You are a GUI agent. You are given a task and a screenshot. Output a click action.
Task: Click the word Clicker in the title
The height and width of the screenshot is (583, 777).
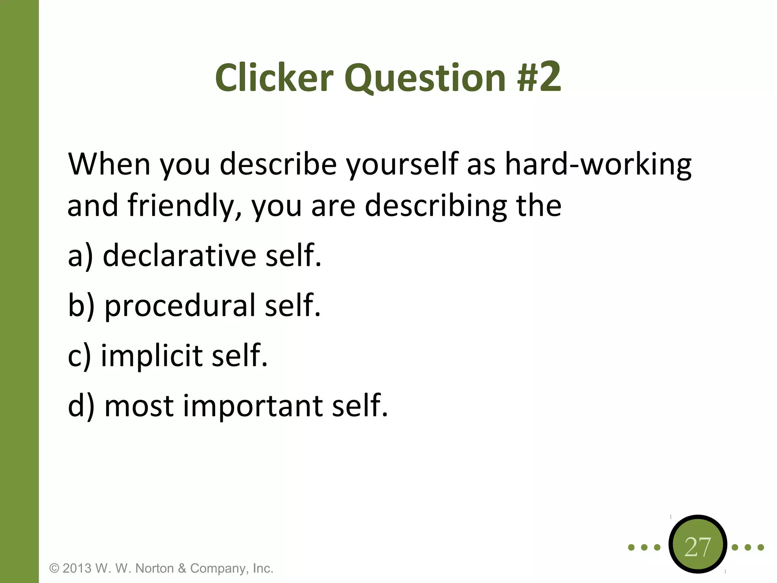(274, 78)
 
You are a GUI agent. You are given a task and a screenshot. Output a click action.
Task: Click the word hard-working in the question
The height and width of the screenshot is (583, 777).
(598, 165)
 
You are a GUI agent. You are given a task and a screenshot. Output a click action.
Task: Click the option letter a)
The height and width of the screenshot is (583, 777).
(80, 256)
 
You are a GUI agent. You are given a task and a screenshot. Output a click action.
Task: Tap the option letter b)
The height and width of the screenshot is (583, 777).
(81, 306)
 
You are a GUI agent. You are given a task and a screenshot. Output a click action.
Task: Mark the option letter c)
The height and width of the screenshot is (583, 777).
(79, 356)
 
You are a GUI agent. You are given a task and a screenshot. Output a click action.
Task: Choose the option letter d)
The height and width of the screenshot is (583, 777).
(81, 406)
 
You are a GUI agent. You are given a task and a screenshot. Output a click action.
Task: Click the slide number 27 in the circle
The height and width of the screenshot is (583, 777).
(697, 547)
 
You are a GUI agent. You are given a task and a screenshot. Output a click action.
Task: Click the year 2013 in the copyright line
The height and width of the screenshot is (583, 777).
(77, 569)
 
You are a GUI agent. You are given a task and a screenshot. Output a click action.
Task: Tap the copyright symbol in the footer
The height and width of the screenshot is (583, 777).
(54, 569)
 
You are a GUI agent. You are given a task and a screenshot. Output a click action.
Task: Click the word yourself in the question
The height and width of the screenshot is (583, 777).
(403, 165)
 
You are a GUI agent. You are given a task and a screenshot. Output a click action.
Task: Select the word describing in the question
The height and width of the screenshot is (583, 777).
(436, 206)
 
